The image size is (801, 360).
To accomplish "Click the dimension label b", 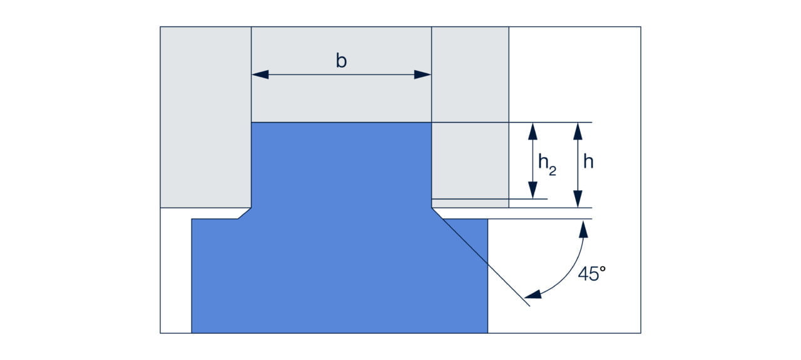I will point(341,61).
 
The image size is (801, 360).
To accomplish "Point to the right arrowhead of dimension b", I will point(423,75).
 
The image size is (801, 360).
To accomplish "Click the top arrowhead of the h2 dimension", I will point(533,130).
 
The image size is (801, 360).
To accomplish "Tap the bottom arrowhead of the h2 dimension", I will point(533,191).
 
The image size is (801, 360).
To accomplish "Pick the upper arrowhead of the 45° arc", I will point(583,229).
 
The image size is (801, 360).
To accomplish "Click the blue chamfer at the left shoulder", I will point(245,213).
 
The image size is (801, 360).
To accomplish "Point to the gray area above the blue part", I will point(341,100).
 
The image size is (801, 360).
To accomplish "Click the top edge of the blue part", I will point(341,123).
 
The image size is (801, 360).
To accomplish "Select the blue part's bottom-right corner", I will point(487,332).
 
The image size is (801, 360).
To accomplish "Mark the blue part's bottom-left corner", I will point(192,332).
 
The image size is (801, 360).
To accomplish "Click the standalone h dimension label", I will point(588,162).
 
